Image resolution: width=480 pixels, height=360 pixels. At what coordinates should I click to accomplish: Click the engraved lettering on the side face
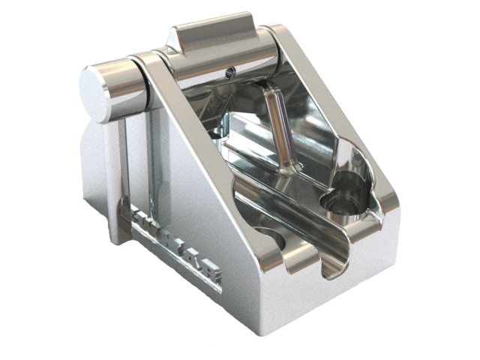pyautogui.click(x=177, y=244)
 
